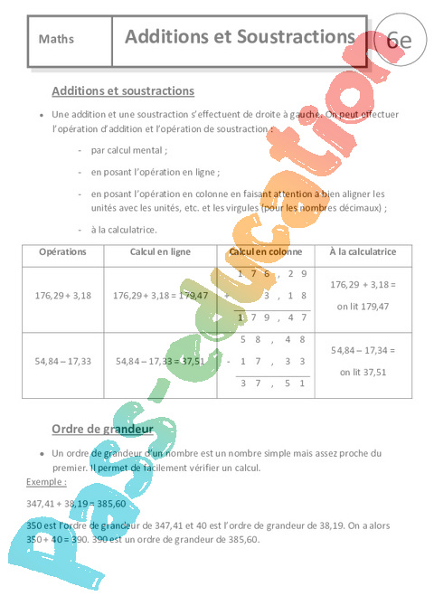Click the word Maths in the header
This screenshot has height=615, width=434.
57,40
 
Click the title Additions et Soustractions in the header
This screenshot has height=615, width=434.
239,37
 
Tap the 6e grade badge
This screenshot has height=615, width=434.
398,41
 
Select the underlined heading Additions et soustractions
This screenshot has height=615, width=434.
123,91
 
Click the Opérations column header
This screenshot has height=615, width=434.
63,251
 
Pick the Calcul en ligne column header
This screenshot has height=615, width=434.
160,251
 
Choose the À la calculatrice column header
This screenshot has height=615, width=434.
357,251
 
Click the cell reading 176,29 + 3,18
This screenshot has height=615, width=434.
63,295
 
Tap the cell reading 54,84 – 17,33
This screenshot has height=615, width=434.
63,361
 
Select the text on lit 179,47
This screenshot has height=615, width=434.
357,307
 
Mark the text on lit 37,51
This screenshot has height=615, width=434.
357,372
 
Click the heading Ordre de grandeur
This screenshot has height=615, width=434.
101,429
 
